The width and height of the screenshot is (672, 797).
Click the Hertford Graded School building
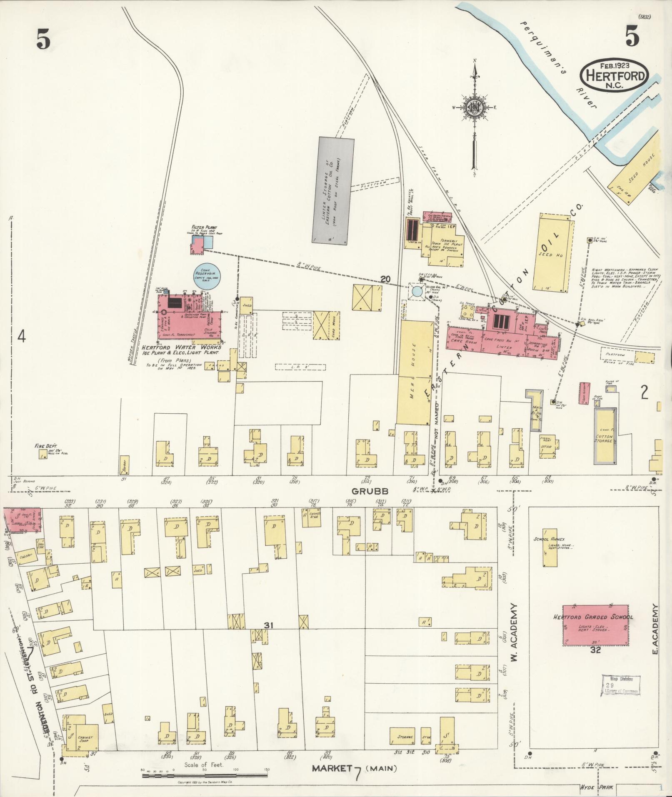tap(596, 625)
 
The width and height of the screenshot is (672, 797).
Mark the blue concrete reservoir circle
tap(207, 275)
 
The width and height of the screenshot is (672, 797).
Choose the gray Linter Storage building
tap(334, 190)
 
